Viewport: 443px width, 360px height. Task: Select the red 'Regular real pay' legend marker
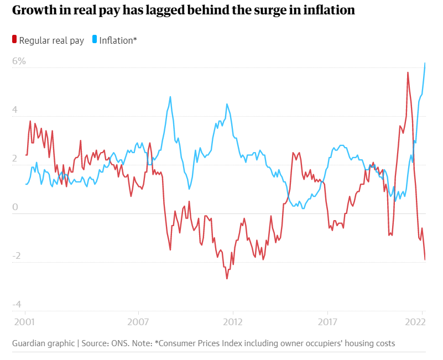[x=15, y=40]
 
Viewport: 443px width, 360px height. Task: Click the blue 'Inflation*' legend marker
[x=95, y=40]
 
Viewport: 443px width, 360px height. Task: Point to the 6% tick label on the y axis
[x=19, y=61]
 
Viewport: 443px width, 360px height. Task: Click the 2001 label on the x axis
[x=25, y=321]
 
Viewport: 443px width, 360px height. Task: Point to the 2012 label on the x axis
[x=233, y=321]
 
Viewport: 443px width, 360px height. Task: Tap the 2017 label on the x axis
[x=328, y=321]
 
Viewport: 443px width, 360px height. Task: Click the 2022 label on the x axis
[x=415, y=321]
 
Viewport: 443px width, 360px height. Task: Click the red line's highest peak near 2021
[x=408, y=72]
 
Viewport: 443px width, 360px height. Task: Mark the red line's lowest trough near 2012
[x=227, y=278]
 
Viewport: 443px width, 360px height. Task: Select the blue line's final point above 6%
[x=425, y=63]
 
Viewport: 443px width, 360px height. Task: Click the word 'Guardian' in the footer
[x=29, y=343]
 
